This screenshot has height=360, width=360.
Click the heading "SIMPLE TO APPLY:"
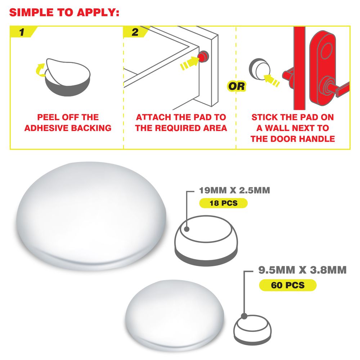tap(64, 12)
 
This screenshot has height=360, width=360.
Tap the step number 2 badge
tap(135, 32)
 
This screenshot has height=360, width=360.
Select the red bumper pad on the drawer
tap(203, 57)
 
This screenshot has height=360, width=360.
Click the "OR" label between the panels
tap(237, 86)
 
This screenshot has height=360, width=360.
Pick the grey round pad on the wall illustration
tap(260, 69)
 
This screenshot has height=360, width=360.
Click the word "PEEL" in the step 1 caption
tap(46, 117)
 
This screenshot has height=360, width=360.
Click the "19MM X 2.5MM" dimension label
tap(234, 190)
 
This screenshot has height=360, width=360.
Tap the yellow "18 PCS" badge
tap(224, 203)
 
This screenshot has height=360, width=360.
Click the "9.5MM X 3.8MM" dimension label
tap(302, 270)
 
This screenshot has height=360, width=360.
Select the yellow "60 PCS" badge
tap(288, 285)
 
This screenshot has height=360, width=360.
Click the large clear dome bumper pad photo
tap(91, 216)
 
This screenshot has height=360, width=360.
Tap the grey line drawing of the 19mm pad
tap(206, 240)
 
